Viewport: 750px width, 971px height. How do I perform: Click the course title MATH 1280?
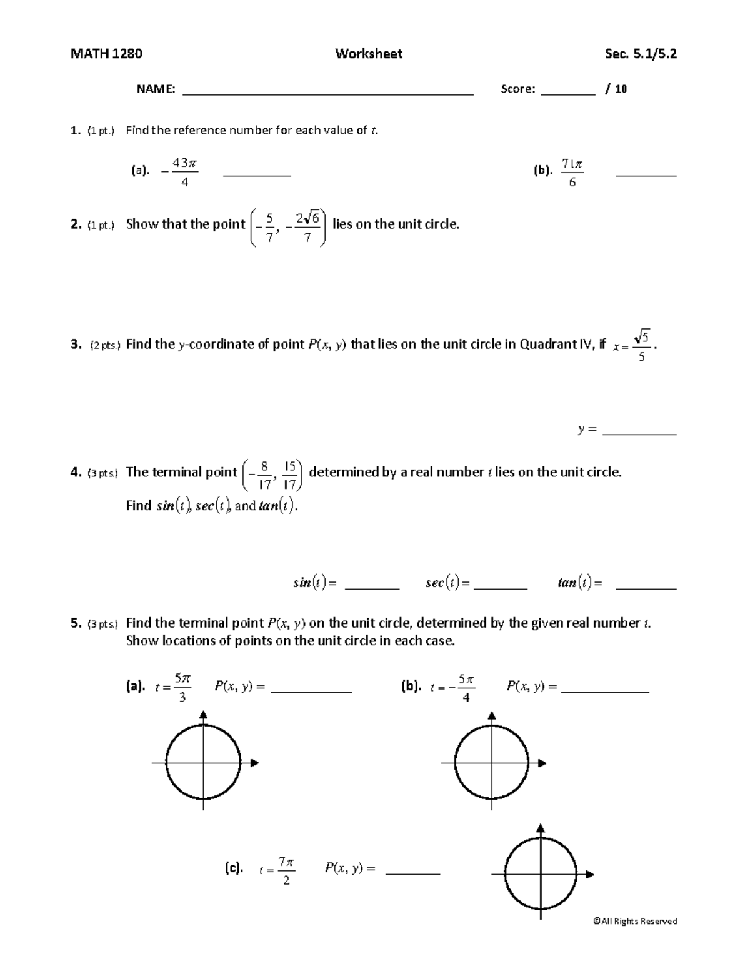pyautogui.click(x=106, y=54)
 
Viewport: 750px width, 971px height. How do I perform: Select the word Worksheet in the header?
pyautogui.click(x=368, y=54)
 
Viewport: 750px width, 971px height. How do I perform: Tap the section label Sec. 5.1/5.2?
pyautogui.click(x=641, y=54)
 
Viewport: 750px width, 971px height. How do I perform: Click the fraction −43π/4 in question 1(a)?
pyautogui.click(x=181, y=173)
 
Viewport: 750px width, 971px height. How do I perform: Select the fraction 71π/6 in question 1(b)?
pyautogui.click(x=572, y=173)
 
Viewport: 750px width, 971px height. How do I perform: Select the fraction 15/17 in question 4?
pyautogui.click(x=290, y=475)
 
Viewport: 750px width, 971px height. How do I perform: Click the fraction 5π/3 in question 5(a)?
pyautogui.click(x=182, y=687)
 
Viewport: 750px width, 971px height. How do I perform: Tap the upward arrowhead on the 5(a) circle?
pyautogui.click(x=203, y=715)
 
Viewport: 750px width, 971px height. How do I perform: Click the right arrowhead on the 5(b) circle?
pyautogui.click(x=542, y=763)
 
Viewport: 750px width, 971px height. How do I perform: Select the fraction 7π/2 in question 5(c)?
pyautogui.click(x=286, y=871)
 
